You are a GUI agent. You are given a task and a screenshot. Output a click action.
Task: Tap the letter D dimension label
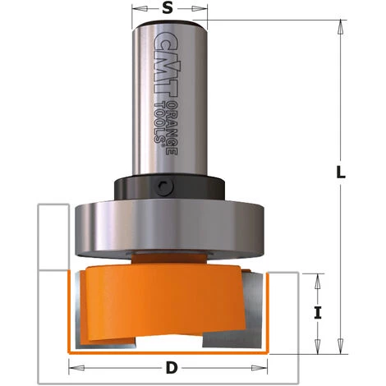(170, 366)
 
